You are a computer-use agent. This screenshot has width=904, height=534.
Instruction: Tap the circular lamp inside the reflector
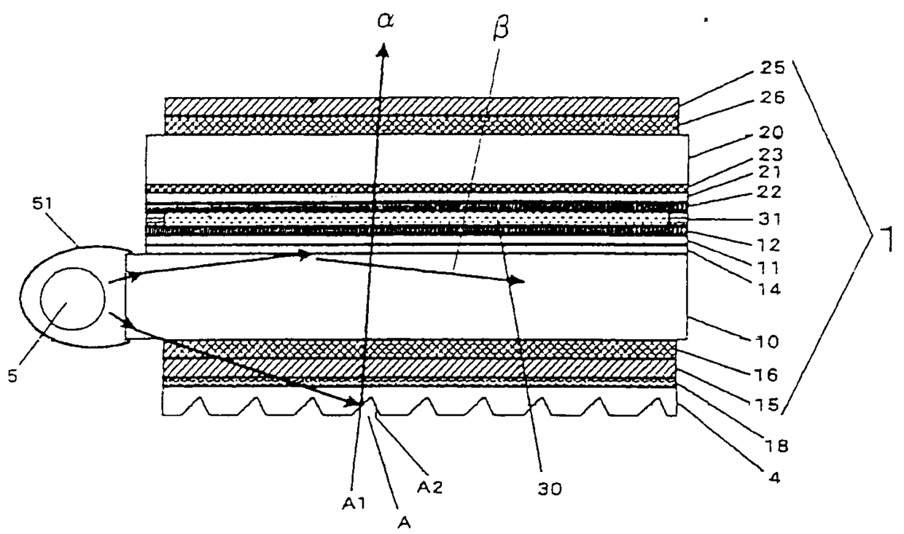point(71,299)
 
